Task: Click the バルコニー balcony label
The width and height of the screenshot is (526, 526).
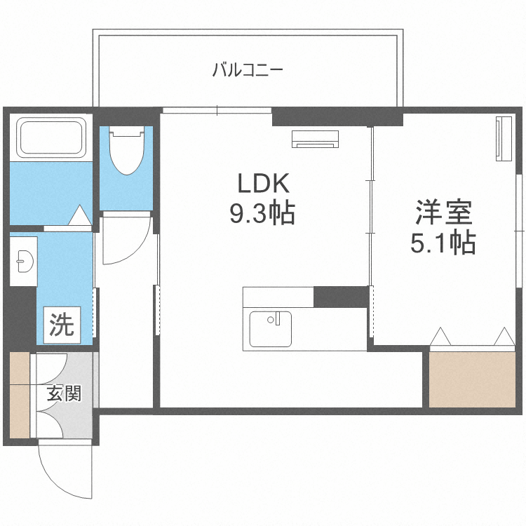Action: [247, 71]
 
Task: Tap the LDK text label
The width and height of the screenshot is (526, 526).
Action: [262, 184]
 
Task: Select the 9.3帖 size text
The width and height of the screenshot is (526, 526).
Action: [262, 212]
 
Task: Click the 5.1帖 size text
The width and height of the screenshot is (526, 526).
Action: [443, 242]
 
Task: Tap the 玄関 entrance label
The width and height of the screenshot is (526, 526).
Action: [64, 393]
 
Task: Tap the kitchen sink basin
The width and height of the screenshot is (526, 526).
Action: [269, 329]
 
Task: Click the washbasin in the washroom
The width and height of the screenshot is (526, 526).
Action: [23, 259]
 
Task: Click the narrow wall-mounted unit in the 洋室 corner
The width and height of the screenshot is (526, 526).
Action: [501, 139]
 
